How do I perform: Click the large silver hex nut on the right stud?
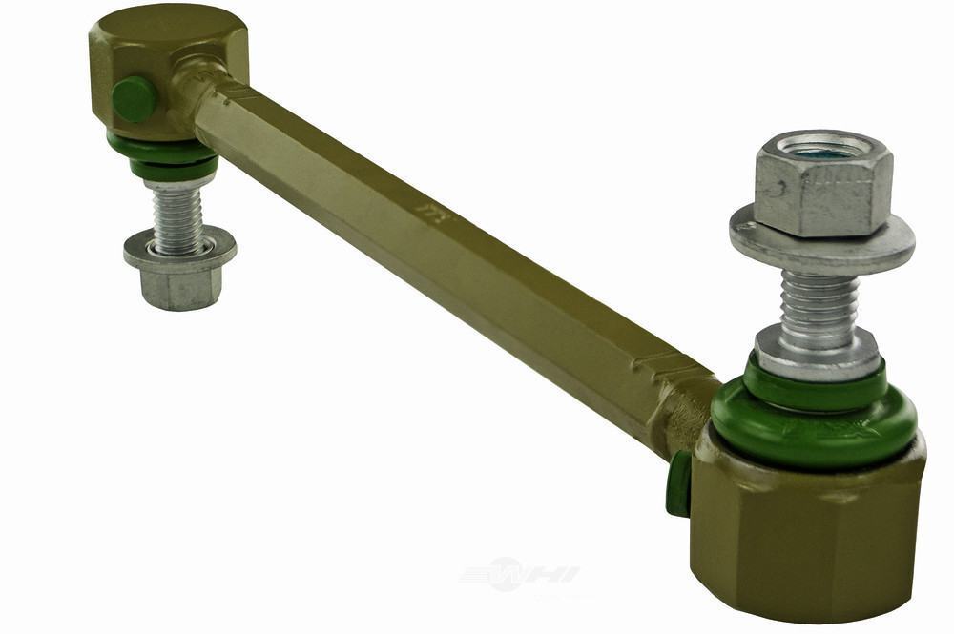click(x=822, y=194)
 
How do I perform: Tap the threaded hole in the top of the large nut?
click(x=819, y=148)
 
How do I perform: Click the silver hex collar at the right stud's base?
click(x=817, y=354)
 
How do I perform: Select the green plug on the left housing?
click(x=134, y=99)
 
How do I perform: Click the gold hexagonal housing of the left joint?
click(x=167, y=57)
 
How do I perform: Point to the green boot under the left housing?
click(x=162, y=157)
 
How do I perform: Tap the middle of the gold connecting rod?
click(x=448, y=248)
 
